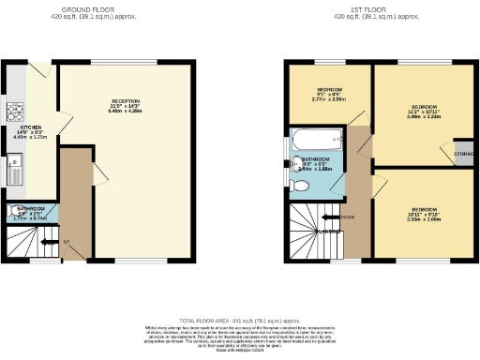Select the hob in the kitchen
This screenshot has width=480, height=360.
(15, 112)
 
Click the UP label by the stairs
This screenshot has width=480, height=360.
(66, 242)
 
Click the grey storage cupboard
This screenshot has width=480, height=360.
(463, 154)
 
